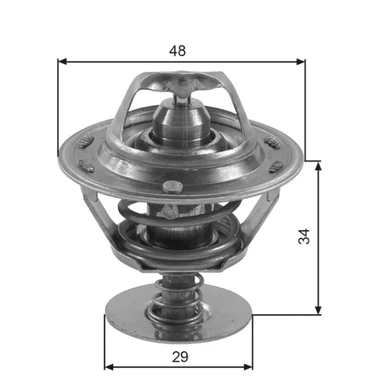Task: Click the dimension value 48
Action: tap(178, 51)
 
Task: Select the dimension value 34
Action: tap(305, 237)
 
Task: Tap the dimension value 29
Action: tap(179, 357)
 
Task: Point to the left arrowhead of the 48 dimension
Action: tap(61, 62)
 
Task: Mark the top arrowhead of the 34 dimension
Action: tap(317, 165)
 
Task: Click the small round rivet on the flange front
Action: tap(170, 187)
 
